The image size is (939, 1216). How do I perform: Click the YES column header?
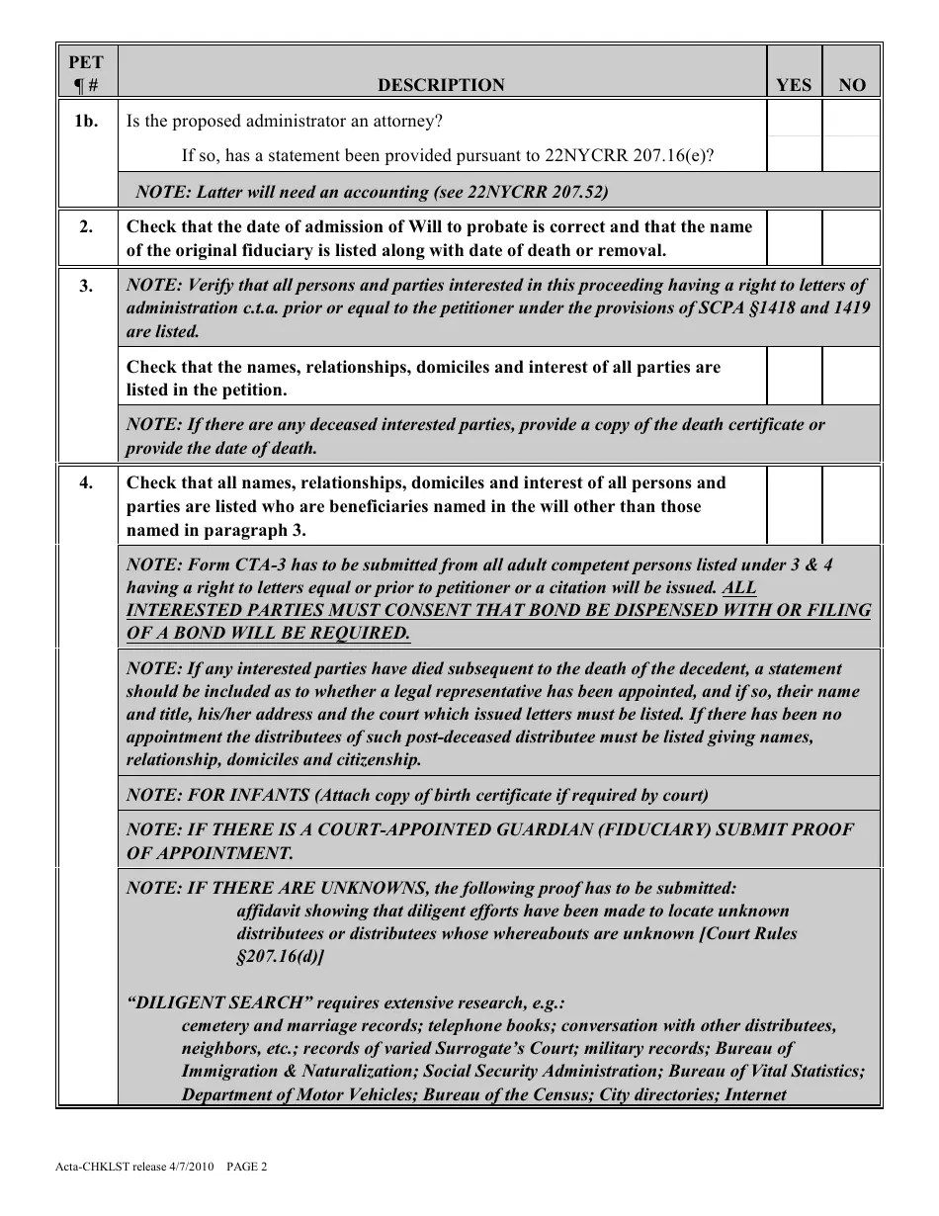tap(794, 85)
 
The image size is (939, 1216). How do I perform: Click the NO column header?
tap(851, 85)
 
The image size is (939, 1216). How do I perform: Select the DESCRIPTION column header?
tap(441, 85)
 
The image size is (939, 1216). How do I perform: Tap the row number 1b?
tap(87, 122)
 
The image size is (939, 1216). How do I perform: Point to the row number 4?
tap(87, 483)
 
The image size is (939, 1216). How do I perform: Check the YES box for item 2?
tap(794, 238)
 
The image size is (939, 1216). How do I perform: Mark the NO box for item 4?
tap(851, 505)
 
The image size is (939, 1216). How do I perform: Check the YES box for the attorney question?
tap(794, 120)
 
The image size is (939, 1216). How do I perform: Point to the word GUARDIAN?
tap(538, 829)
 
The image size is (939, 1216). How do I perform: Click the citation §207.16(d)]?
tap(280, 956)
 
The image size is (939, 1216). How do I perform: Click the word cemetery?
tap(216, 1025)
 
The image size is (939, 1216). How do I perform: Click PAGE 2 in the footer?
tap(247, 1167)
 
